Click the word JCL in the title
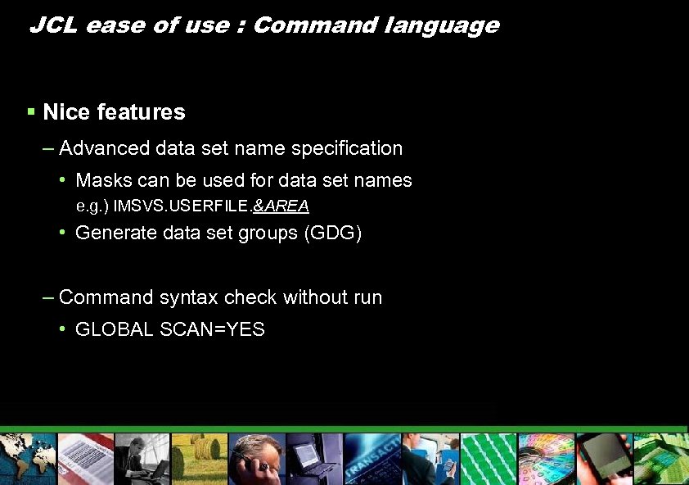click(54, 25)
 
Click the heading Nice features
click(114, 112)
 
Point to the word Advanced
click(105, 148)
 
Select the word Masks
click(101, 180)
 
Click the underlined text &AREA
click(281, 205)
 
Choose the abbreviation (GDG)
click(332, 233)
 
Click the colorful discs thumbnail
click(545, 459)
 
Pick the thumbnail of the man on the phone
click(256, 459)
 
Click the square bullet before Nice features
click(30, 111)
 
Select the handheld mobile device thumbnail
click(603, 459)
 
